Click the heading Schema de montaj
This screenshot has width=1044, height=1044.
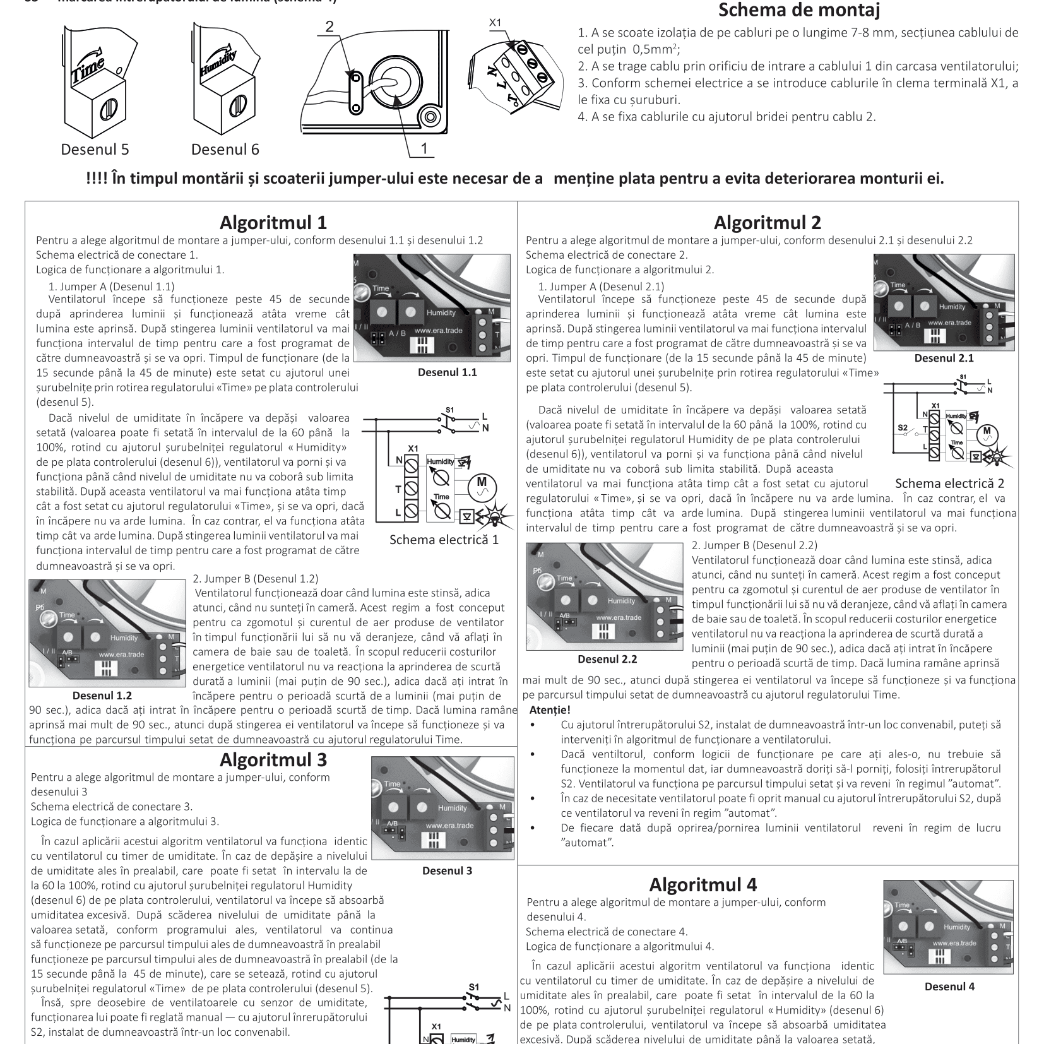[x=798, y=11]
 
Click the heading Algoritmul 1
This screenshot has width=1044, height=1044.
[x=273, y=223]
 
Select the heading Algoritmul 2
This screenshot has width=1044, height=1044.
[x=767, y=223]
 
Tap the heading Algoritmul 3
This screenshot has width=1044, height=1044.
[x=273, y=759]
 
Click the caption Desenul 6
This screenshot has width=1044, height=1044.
[x=225, y=150]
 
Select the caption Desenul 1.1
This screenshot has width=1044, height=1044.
[x=447, y=372]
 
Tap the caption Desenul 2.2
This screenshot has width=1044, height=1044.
[x=607, y=659]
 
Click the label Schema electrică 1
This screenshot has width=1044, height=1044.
[x=444, y=540]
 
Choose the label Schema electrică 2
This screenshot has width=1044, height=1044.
[x=949, y=484]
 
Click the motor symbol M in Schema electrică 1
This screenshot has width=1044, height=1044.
[x=482, y=487]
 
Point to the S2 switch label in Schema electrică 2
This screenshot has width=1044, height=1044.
[x=903, y=428]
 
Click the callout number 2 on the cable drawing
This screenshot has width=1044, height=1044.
[x=328, y=27]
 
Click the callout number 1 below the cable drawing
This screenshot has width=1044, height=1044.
[x=424, y=148]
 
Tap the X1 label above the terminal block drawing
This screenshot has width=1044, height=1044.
[x=495, y=22]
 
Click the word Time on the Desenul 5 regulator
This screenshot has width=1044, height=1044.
[x=85, y=69]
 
